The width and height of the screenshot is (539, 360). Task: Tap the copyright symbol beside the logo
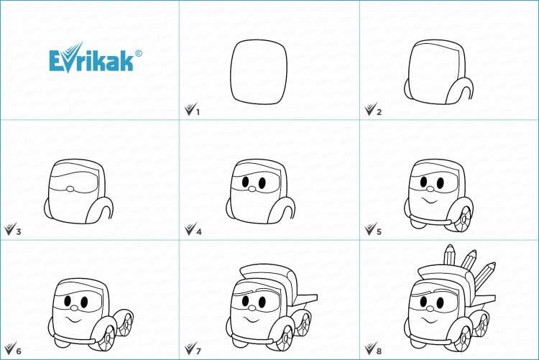[139, 53]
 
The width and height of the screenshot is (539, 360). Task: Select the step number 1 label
[198, 112]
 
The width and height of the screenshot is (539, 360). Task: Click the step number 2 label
[379, 112]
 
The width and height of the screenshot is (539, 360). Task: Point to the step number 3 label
[19, 232]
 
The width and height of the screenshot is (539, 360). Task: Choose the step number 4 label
[198, 232]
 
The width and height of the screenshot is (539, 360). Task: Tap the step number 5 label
[379, 232]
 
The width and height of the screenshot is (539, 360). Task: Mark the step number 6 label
[19, 351]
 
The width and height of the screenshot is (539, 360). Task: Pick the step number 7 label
[198, 351]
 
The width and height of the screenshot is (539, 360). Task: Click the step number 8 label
[379, 351]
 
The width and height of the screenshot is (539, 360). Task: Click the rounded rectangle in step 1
[231, 72]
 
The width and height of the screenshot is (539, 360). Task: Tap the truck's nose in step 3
[70, 189]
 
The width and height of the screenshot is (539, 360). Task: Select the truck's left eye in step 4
[246, 182]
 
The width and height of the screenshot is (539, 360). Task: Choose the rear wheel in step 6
[126, 323]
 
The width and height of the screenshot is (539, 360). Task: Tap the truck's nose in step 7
[252, 308]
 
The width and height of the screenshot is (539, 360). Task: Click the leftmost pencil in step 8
[450, 255]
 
